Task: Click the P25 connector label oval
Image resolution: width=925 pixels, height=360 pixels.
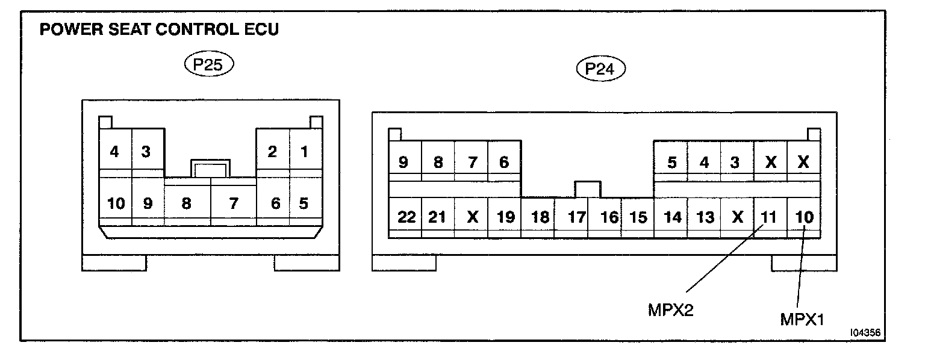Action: [x=208, y=65]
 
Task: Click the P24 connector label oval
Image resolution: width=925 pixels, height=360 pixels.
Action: [x=601, y=69]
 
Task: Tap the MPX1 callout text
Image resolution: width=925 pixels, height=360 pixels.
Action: [x=802, y=318]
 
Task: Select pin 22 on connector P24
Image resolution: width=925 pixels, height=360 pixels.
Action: [x=406, y=217]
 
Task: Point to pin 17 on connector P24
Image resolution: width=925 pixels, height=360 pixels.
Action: [x=576, y=217]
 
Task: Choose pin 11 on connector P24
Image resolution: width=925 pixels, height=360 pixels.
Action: [x=769, y=217]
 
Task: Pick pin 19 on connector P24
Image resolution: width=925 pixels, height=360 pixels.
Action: [x=505, y=217]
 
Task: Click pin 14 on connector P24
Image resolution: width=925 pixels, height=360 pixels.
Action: [x=671, y=217]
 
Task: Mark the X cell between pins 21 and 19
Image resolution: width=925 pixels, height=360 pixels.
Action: [x=472, y=217]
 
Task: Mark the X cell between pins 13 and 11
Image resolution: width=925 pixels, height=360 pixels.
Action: [x=737, y=217]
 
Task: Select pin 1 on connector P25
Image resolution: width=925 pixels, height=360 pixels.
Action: [x=305, y=152]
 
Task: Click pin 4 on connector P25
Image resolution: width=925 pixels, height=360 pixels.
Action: [x=114, y=152]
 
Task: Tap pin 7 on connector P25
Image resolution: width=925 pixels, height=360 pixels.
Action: [x=233, y=203]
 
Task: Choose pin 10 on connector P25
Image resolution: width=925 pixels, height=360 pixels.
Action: [x=116, y=203]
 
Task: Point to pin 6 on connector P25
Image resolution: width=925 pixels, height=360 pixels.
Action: [x=275, y=203]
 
